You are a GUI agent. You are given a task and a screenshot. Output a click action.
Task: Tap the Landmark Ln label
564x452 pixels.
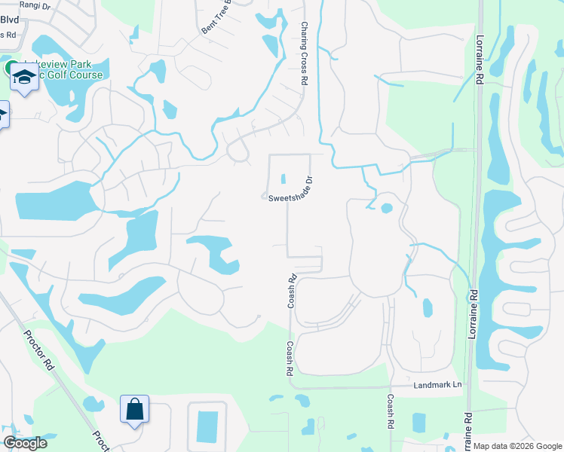point(437,385)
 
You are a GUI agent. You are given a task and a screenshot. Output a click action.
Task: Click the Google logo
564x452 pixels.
point(25,443)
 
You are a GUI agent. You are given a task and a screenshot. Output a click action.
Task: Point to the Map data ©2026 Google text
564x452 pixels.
point(517,446)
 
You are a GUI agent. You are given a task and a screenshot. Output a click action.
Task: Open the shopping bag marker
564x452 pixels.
point(134,410)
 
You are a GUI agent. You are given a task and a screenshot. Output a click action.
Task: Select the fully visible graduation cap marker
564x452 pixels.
point(24,78)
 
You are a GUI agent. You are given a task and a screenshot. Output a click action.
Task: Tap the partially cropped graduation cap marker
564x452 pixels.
point(2,115)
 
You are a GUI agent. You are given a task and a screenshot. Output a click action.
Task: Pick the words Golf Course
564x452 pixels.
point(75,75)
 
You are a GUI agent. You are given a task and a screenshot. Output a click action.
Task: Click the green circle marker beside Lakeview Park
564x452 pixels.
point(12,68)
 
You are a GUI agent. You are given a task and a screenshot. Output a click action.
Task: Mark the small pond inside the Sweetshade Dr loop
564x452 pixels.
point(284,179)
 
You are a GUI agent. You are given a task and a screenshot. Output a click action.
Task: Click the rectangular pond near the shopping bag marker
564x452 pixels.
point(207,426)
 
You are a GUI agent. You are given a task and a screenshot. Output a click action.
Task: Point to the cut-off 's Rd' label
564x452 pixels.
point(8,34)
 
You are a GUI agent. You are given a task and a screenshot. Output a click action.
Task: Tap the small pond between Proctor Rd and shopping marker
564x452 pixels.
point(94,404)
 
